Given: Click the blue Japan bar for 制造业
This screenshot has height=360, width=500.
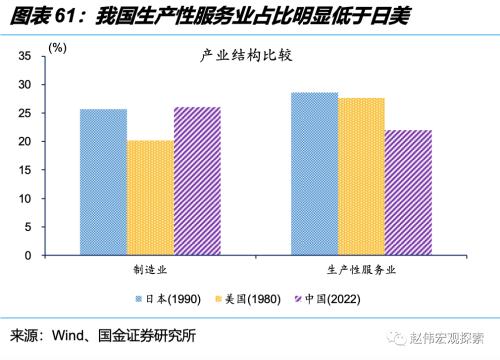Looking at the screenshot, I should [x=103, y=182].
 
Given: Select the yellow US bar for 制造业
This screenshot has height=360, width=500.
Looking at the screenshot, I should [x=150, y=198].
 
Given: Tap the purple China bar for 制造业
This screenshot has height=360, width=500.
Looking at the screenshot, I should [x=197, y=181].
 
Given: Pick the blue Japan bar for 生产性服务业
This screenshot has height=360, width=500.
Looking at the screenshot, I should [x=314, y=174].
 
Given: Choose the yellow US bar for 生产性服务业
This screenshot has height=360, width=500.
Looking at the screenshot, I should [x=361, y=177].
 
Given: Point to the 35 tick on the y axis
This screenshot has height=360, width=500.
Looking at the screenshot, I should [x=27, y=56].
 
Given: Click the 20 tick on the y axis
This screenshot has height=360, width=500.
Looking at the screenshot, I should [x=27, y=142].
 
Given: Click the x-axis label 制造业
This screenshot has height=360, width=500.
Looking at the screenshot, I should [x=150, y=270].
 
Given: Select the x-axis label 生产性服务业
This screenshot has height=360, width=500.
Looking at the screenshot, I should [x=361, y=270].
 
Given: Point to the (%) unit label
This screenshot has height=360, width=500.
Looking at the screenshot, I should [x=58, y=47].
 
